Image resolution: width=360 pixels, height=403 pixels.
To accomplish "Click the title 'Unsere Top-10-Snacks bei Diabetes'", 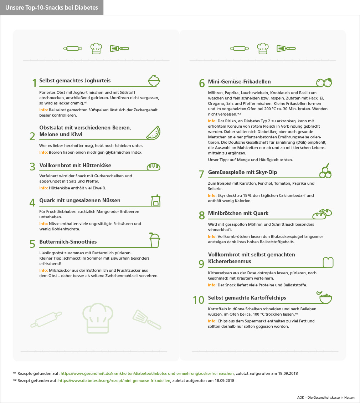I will pyautogui.click(x=52, y=7).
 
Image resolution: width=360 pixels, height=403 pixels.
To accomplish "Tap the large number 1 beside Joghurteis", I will pyautogui.click(x=34, y=83).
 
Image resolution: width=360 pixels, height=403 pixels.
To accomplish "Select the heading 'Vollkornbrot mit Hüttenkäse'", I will pyautogui.click(x=75, y=165).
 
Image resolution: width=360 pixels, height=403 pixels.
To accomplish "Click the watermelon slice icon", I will pyautogui.click(x=153, y=133).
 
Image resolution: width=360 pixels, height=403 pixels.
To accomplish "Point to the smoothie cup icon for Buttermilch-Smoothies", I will pyautogui.click(x=154, y=240).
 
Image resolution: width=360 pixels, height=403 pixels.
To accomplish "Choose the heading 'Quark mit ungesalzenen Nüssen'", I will pyautogui.click(x=80, y=200).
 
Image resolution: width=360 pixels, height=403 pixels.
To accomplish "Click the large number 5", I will pyautogui.click(x=33, y=244).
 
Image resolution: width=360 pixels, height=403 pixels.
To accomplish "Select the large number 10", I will pyautogui.click(x=199, y=300).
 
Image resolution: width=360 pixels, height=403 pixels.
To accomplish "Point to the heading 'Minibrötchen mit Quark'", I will pyautogui.click(x=238, y=213).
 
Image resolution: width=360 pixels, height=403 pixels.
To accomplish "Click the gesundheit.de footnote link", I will pyautogui.click(x=147, y=373).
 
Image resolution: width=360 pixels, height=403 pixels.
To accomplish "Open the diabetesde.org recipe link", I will pyautogui.click(x=114, y=381).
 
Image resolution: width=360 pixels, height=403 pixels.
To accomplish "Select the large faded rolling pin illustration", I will pyautogui.click(x=46, y=319).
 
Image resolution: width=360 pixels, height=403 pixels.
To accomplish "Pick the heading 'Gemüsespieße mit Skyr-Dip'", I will pyautogui.click(x=242, y=172).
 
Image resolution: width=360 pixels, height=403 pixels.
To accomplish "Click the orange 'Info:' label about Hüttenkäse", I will pyautogui.click(x=43, y=188).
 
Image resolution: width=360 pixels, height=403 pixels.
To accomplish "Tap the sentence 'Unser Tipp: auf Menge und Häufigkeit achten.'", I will pyautogui.click(x=250, y=160).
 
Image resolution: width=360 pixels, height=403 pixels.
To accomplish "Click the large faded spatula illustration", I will pyautogui.click(x=146, y=320).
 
